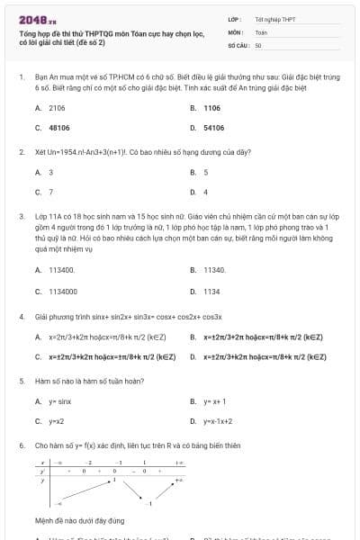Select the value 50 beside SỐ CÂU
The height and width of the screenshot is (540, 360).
point(258,44)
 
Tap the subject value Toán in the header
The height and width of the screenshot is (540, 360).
point(261,31)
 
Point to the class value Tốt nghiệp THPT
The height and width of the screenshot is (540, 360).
point(274,19)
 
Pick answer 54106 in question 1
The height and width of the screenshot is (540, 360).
point(213,128)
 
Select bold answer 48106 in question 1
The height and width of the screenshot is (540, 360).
point(59,128)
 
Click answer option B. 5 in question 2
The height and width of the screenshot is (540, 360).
point(205,172)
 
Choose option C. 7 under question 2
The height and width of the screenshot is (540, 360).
point(50,192)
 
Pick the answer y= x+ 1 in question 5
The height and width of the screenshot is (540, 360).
point(215,401)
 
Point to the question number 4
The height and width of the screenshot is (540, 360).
point(21,317)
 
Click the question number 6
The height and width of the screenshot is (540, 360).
point(21,445)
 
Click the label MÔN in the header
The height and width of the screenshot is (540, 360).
point(236,31)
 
